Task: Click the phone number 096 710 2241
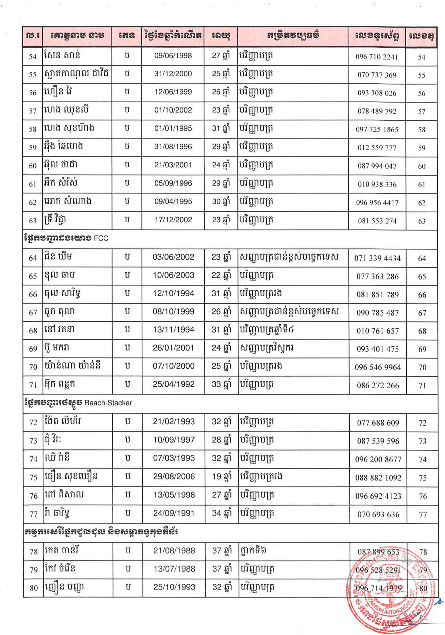click(x=377, y=57)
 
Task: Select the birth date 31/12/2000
click(x=173, y=74)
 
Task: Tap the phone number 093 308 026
click(x=377, y=93)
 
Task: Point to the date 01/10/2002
click(x=173, y=110)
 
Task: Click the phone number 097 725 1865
click(x=377, y=130)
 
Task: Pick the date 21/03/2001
click(x=173, y=165)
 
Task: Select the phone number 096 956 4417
click(x=377, y=203)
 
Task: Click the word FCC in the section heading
click(x=101, y=238)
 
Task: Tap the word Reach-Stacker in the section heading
click(x=108, y=403)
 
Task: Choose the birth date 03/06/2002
click(x=173, y=257)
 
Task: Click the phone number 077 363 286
click(x=377, y=276)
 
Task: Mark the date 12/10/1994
click(x=173, y=293)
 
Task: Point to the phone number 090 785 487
click(x=377, y=313)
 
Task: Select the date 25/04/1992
click(x=174, y=384)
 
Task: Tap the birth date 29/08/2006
click(x=174, y=477)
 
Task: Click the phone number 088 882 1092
click(x=378, y=478)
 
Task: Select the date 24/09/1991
click(x=174, y=513)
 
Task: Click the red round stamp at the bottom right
click(x=391, y=589)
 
